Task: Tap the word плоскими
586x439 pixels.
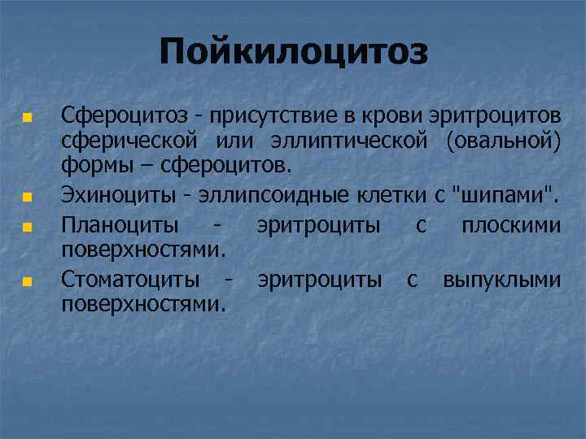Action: (510, 224)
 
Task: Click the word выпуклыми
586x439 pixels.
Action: (501, 280)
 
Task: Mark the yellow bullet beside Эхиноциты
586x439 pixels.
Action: (27, 196)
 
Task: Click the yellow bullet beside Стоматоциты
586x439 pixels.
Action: (27, 282)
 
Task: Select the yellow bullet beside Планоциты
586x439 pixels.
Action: (27, 225)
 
